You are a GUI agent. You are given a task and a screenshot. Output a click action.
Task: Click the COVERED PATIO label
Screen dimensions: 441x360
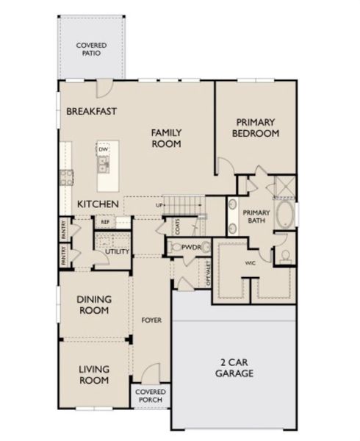tap(91, 49)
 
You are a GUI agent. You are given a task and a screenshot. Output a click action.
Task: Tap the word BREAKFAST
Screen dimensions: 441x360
tap(92, 112)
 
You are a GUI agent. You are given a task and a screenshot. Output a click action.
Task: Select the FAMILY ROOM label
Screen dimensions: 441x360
tap(166, 138)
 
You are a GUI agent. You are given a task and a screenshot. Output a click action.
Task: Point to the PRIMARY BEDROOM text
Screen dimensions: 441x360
tap(255, 127)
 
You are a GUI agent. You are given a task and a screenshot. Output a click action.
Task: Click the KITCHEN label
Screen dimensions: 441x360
tap(98, 203)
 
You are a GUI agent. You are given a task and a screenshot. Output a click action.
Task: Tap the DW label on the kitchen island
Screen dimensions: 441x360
tap(103, 149)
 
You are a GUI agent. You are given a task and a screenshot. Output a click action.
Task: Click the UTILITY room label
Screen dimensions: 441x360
tap(117, 251)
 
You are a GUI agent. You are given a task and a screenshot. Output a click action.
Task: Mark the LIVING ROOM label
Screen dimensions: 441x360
tap(94, 375)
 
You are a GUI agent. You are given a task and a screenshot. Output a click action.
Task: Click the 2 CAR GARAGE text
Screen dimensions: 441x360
tap(234, 367)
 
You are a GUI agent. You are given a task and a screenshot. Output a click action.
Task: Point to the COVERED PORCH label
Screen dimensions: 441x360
tap(151, 397)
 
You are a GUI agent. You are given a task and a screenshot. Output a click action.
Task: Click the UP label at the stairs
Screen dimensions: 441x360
tap(159, 205)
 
